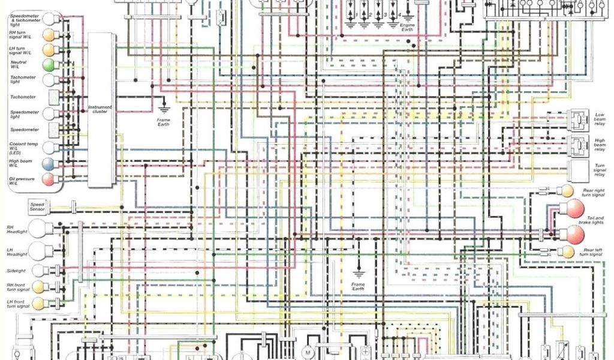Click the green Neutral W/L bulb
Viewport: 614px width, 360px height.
[x=48, y=64]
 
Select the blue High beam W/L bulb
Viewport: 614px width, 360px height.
[x=48, y=164]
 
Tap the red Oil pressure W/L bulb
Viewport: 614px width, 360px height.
[x=48, y=178]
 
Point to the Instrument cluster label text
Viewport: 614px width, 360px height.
[x=100, y=109]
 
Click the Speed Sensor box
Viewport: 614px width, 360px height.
[x=37, y=208]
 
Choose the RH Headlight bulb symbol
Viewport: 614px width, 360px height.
[x=40, y=228]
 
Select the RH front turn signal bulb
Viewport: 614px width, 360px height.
[x=39, y=286]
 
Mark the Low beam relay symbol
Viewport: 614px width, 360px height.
[x=579, y=119]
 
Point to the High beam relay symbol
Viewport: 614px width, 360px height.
[x=579, y=145]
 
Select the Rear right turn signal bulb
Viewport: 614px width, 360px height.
[x=566, y=191]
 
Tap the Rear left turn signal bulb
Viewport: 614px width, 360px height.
[x=566, y=251]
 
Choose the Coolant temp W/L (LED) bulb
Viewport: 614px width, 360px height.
[x=48, y=147]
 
